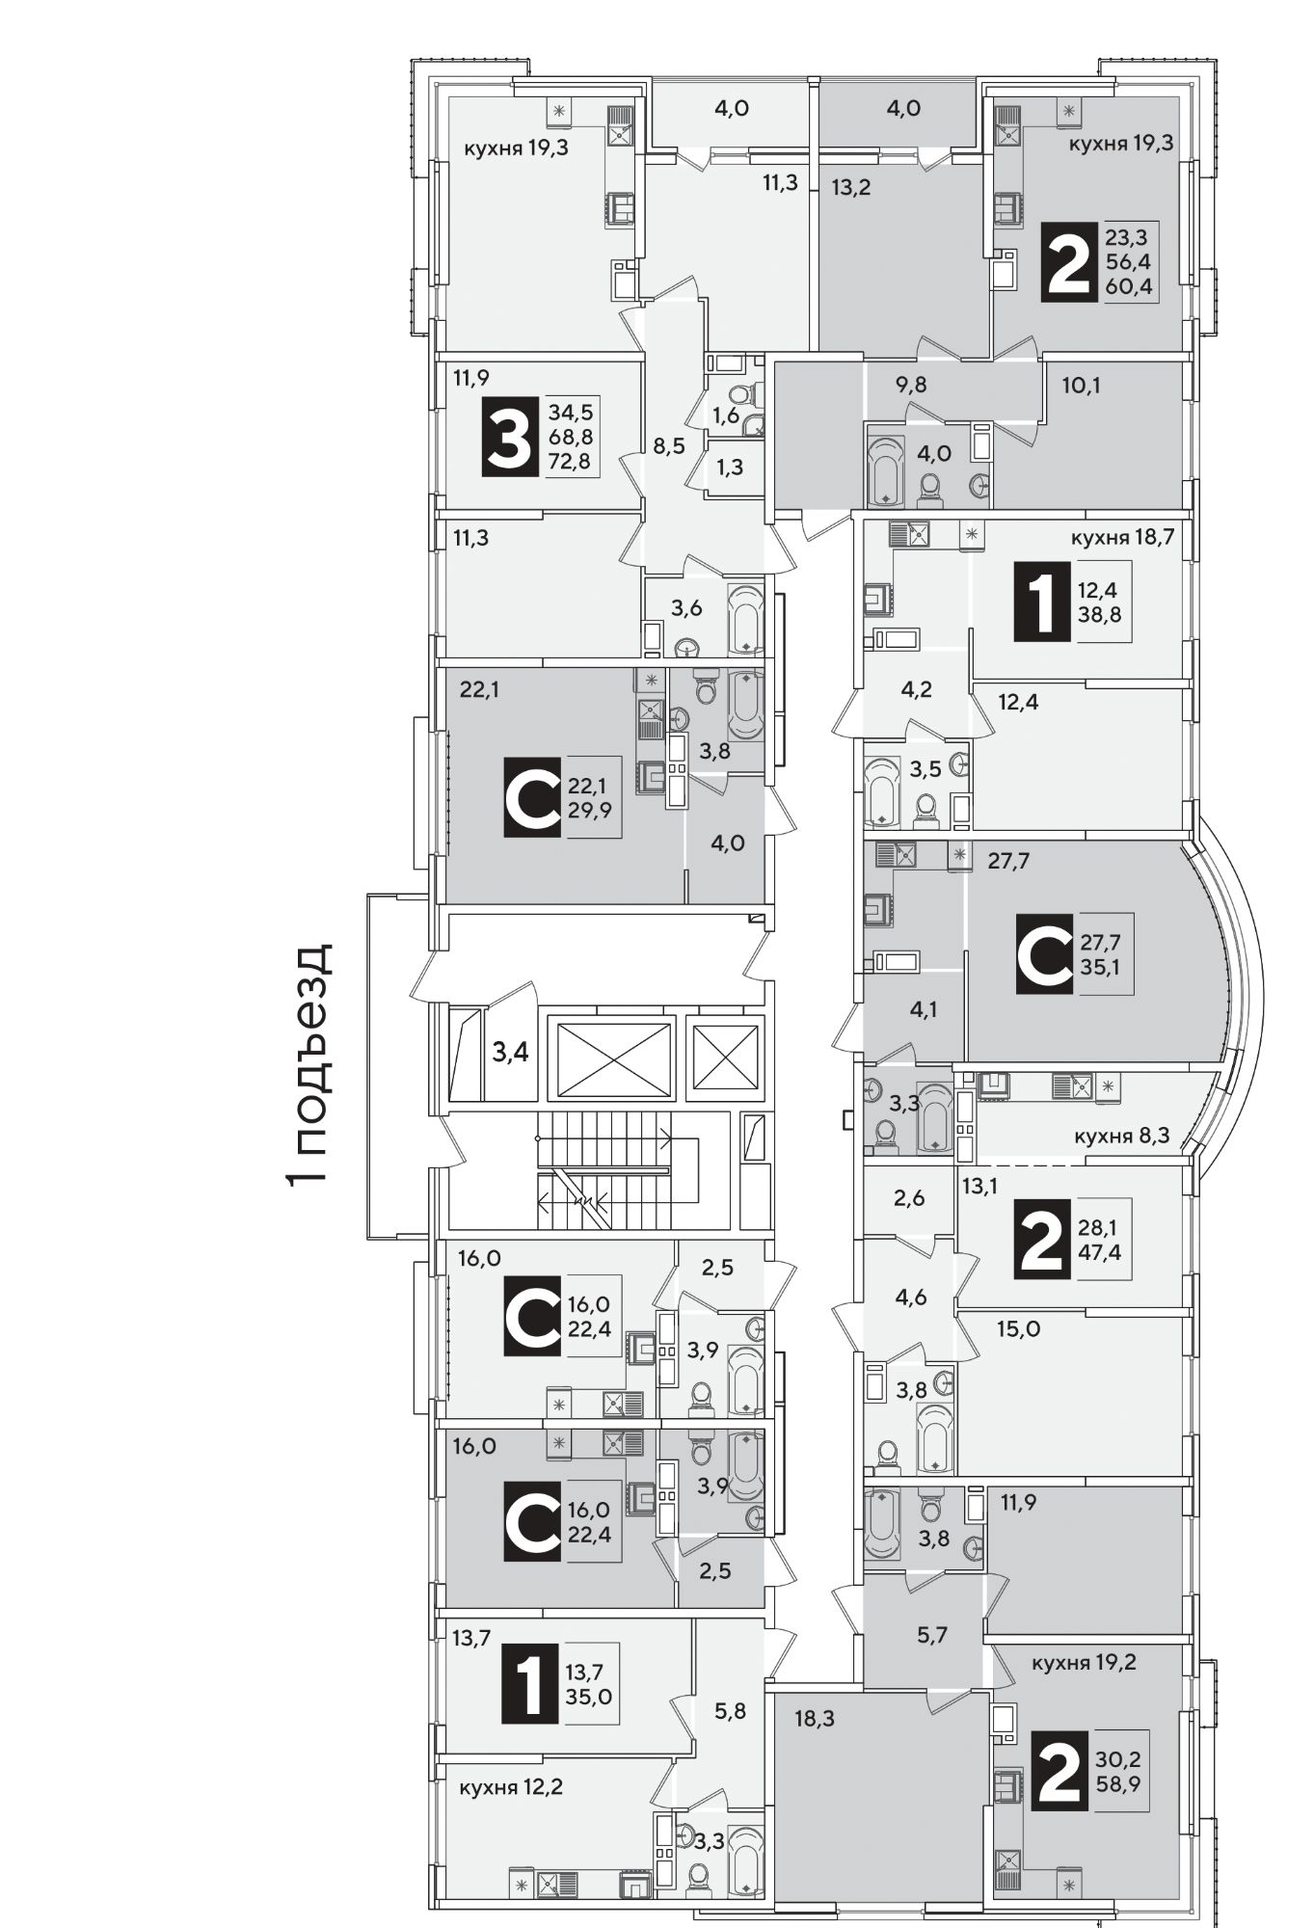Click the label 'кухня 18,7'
click(1122, 538)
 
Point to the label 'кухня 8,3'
click(1121, 1137)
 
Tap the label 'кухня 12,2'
click(511, 1786)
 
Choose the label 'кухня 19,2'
click(1084, 1663)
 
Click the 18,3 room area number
click(815, 1719)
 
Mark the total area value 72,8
click(571, 462)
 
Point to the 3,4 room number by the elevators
click(510, 1052)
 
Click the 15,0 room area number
click(1018, 1329)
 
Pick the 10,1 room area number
click(1081, 386)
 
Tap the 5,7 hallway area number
click(931, 1635)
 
